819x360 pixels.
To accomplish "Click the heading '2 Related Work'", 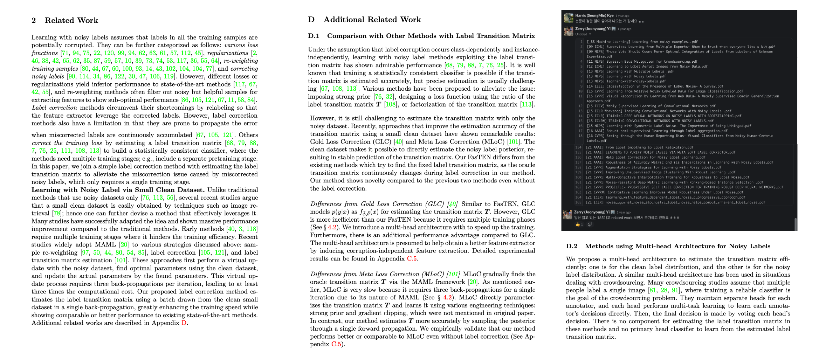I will (x=65, y=20).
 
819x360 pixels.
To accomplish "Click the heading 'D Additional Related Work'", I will (x=364, y=20).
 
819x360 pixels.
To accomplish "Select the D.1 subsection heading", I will (x=421, y=36).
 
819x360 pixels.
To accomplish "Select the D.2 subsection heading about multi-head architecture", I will (x=668, y=246).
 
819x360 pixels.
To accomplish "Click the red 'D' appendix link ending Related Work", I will (x=184, y=323).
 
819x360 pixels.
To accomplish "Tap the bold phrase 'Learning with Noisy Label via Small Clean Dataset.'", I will (x=118, y=190).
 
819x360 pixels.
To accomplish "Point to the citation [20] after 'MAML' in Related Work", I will (x=124, y=244).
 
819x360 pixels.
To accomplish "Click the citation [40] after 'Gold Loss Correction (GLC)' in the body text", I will (x=398, y=141).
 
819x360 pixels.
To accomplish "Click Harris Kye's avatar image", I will (x=568, y=18).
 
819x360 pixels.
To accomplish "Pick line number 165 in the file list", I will (x=578, y=202).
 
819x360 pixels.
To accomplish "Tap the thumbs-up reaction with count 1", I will (x=579, y=224).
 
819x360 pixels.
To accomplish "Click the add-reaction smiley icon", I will (x=590, y=224).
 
